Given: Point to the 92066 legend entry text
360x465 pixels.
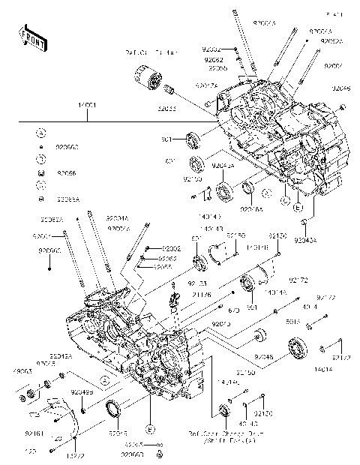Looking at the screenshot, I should (66, 172).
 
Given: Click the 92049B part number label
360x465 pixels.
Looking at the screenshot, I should (82, 392).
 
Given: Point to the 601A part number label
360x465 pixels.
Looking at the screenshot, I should (314, 321).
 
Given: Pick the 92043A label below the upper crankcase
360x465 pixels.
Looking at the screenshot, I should (306, 240).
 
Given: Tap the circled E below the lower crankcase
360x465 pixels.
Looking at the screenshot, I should (149, 429).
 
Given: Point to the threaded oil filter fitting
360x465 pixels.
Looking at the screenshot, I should (169, 91).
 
